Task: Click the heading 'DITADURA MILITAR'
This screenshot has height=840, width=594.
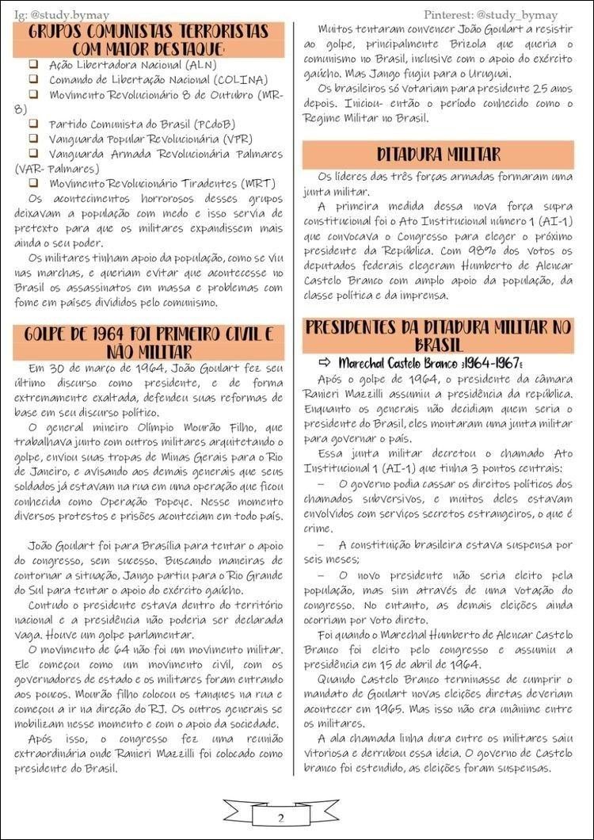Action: [x=438, y=154]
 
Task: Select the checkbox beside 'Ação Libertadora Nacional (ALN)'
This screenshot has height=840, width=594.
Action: [x=34, y=63]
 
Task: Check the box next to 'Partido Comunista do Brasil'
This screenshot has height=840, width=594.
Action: [x=34, y=124]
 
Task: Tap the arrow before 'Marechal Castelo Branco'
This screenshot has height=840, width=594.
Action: [x=326, y=362]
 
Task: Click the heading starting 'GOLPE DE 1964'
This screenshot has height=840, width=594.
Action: [x=149, y=342]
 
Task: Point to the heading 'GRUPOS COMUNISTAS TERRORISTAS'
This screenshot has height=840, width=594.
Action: [x=149, y=40]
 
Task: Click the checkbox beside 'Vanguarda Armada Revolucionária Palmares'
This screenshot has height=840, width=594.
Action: [x=34, y=153]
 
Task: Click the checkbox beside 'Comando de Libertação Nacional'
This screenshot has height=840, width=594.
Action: [x=34, y=78]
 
